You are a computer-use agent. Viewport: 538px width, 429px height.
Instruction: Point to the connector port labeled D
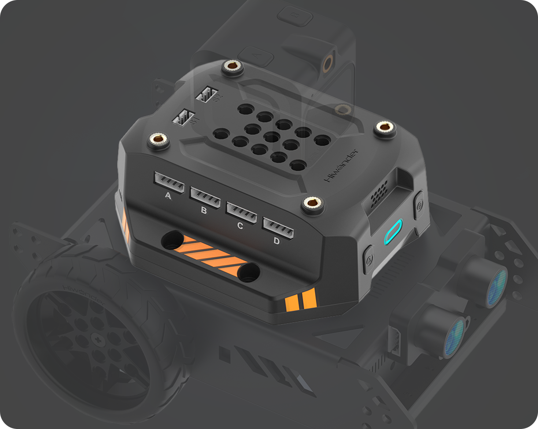click(x=278, y=227)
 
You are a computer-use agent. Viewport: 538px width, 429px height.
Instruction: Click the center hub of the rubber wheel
click(x=96, y=338)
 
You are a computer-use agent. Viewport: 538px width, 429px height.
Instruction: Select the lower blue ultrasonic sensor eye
click(x=454, y=338)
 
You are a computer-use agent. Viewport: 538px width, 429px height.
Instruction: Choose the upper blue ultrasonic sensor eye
click(x=497, y=287)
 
